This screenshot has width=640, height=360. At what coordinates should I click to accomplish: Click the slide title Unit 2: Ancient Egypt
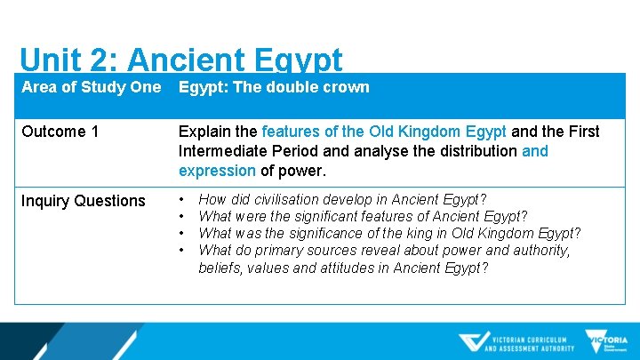(180, 60)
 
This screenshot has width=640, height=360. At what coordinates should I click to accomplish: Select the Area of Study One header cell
(91, 87)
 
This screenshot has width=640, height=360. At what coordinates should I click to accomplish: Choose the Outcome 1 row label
(60, 132)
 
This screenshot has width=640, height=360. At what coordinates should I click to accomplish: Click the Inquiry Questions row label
(83, 201)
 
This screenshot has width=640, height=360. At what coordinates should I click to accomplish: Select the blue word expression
(218, 171)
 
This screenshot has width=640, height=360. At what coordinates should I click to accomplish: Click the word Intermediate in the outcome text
(221, 151)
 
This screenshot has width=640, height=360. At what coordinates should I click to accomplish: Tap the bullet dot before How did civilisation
(183, 199)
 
